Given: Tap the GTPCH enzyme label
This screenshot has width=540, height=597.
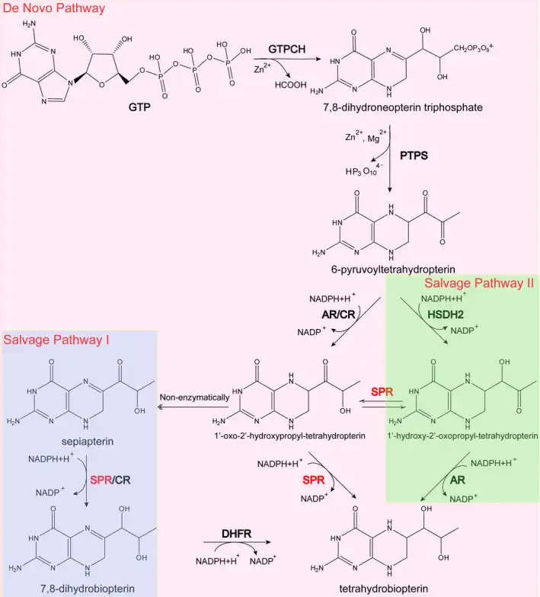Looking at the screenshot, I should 286,49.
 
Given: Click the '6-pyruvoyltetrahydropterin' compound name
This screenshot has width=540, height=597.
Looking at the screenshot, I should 391,268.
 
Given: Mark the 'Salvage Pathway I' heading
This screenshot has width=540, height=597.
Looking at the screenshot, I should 56,340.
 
